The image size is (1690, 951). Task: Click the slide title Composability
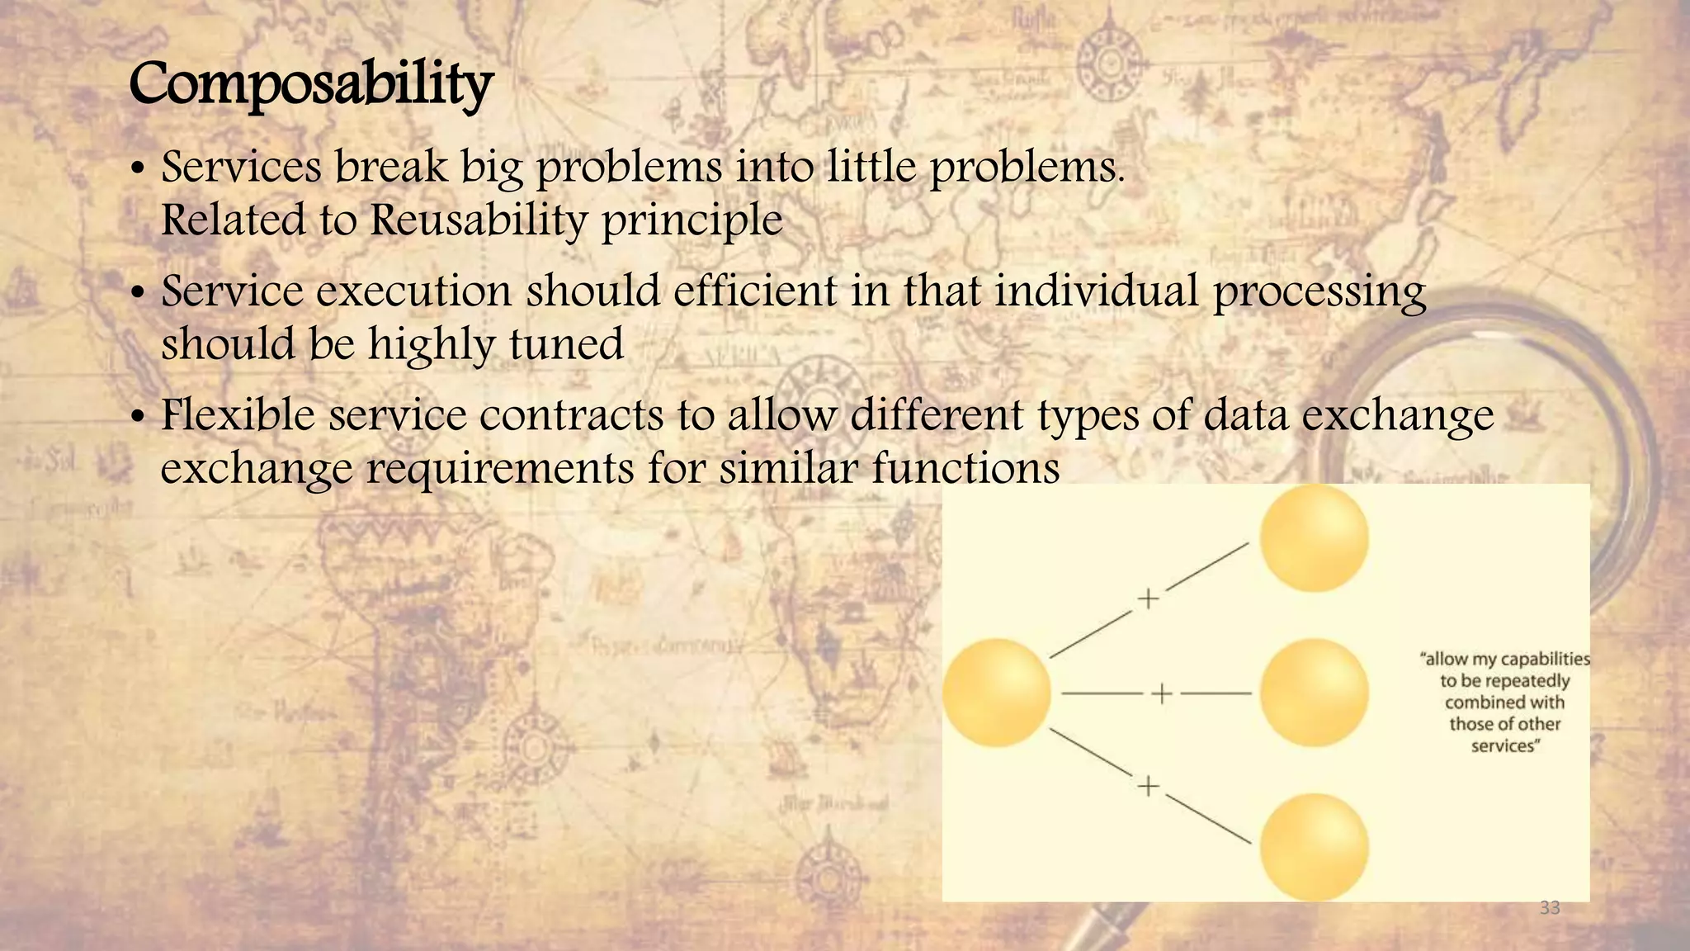coord(311,85)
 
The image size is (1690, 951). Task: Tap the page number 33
coord(1550,908)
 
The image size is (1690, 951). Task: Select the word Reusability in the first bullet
coord(478,220)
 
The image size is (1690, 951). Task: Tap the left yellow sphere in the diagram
coord(996,693)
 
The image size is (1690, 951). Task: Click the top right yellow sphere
coord(1314,538)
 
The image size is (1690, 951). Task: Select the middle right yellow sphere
coord(1314,693)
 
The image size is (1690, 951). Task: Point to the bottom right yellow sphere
coord(1314,847)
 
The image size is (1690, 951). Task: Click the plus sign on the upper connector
coord(1148,599)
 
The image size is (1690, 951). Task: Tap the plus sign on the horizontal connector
coord(1161,693)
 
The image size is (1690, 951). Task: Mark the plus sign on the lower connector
coord(1148,786)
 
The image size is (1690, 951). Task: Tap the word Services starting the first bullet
coord(241,168)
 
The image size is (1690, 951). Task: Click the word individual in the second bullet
coord(1096,291)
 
